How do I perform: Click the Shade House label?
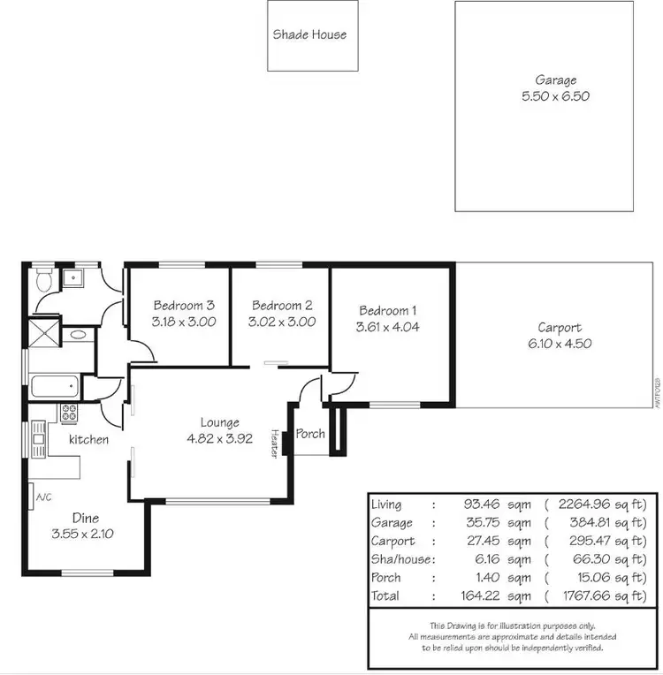(309, 34)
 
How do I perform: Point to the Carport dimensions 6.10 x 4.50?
(560, 344)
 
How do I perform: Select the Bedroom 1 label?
(387, 310)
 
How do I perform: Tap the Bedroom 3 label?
(184, 306)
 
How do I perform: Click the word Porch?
(310, 434)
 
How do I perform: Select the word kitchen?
(89, 439)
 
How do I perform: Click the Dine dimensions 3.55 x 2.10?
(85, 534)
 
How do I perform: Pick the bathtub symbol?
(54, 387)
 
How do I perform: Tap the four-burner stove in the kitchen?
(69, 413)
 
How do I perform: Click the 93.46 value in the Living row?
(476, 504)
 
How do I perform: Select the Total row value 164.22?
(474, 595)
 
